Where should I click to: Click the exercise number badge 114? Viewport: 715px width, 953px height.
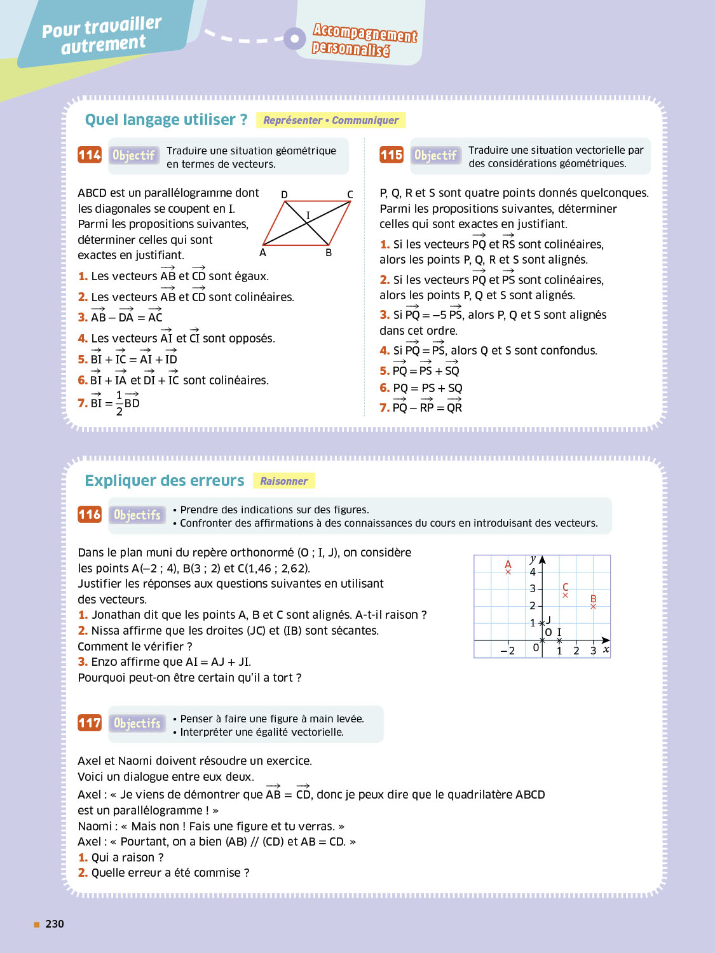click(x=90, y=155)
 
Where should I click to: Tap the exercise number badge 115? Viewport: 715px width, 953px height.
click(x=392, y=155)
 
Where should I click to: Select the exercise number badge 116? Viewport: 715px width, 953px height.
click(x=90, y=515)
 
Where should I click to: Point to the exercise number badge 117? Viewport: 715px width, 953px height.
click(x=90, y=723)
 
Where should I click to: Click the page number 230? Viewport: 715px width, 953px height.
click(x=55, y=924)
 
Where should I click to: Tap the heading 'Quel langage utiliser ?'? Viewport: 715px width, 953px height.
click(x=166, y=120)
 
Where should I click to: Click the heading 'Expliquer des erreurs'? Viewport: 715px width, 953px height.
click(x=165, y=481)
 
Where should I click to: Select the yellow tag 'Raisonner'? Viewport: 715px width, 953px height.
click(x=283, y=482)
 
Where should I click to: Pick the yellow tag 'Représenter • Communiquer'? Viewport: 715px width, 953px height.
click(x=330, y=120)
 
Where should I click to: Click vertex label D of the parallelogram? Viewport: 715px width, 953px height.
click(x=284, y=194)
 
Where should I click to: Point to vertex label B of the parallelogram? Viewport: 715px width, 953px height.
click(x=329, y=253)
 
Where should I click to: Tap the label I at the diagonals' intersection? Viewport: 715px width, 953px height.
click(x=308, y=215)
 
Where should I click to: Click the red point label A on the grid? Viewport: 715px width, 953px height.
click(x=508, y=564)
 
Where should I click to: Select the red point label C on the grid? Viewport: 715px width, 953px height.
click(x=566, y=587)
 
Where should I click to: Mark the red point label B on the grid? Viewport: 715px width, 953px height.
click(x=593, y=599)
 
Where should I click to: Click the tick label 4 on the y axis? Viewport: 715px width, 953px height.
click(x=533, y=572)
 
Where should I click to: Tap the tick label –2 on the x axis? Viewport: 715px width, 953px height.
click(x=508, y=651)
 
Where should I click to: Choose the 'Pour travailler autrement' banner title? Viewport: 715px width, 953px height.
click(x=102, y=35)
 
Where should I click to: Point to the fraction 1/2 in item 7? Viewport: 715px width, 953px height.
click(x=119, y=403)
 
